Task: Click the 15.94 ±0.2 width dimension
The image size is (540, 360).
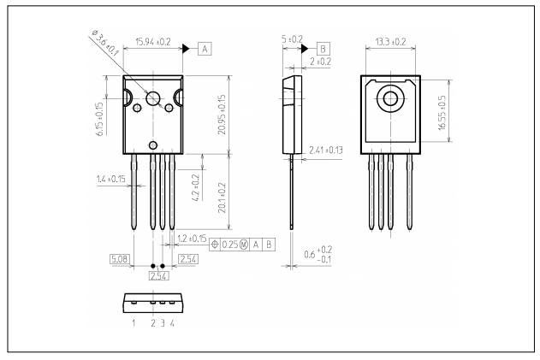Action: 153,40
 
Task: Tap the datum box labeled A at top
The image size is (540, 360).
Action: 205,49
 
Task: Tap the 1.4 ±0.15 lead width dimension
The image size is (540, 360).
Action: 112,180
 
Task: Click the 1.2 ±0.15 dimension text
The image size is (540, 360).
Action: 190,238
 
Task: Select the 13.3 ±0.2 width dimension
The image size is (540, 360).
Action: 391,40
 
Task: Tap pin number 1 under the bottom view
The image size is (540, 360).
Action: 134,324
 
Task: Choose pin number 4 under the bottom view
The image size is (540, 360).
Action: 172,324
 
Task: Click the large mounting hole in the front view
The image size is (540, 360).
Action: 154,99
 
